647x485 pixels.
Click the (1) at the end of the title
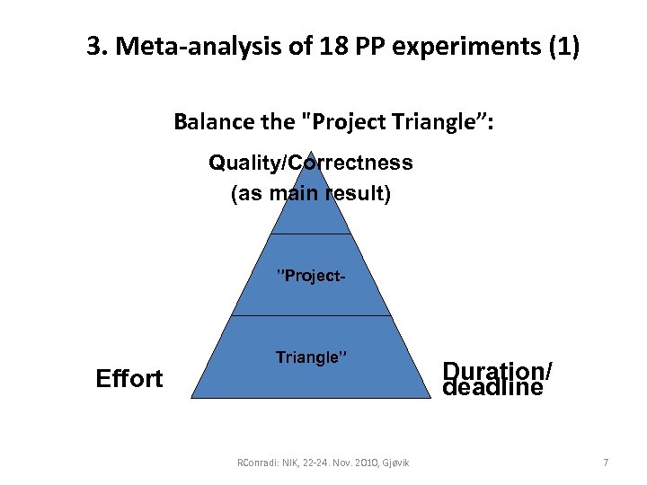pyautogui.click(x=563, y=47)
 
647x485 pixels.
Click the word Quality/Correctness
pyautogui.click(x=310, y=163)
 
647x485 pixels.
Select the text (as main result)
pyautogui.click(x=310, y=194)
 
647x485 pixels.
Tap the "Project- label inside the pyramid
pyautogui.click(x=311, y=275)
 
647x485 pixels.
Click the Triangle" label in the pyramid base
pyautogui.click(x=311, y=357)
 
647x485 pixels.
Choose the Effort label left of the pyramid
pyautogui.click(x=129, y=378)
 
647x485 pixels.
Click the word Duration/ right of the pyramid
pyautogui.click(x=498, y=370)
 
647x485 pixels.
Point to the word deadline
pyautogui.click(x=492, y=388)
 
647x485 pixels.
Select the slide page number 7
pyautogui.click(x=606, y=463)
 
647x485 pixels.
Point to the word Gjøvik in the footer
pyautogui.click(x=394, y=463)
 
